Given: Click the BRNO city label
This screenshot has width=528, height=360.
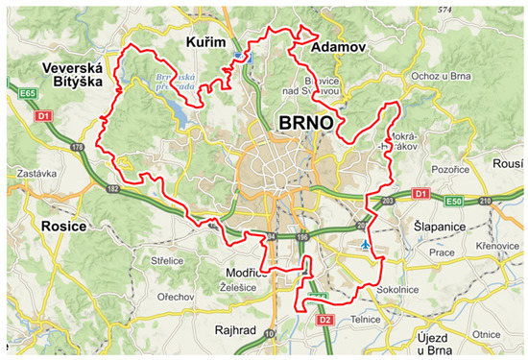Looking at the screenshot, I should click(x=306, y=124).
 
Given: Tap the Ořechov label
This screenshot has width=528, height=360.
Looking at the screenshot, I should click(x=179, y=297).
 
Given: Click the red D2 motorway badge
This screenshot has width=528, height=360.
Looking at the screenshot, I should click(x=324, y=319).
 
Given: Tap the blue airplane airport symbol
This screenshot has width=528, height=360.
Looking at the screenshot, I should click(x=365, y=245).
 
